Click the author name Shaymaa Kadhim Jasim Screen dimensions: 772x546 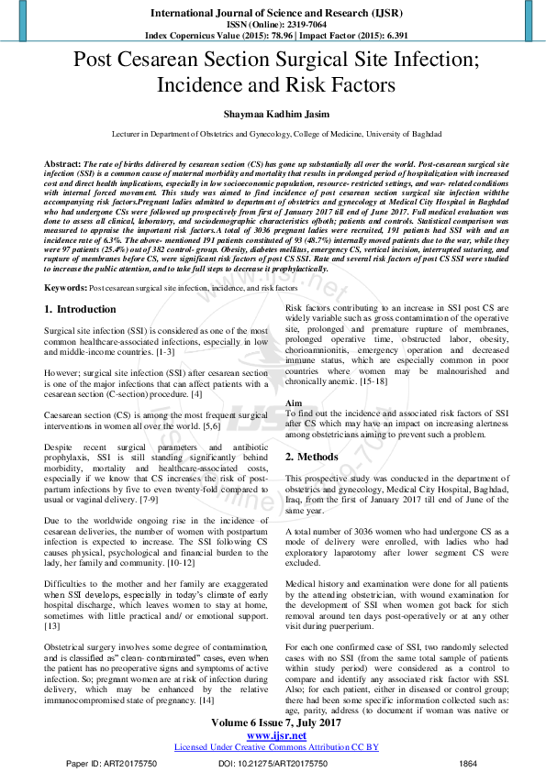[273, 114]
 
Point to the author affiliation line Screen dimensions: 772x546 [273, 134]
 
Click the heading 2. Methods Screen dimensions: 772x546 [311, 456]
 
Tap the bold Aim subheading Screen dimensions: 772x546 [293, 404]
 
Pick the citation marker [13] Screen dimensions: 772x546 [53, 626]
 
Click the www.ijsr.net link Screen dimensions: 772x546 [272, 735]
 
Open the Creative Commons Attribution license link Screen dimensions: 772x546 [272, 747]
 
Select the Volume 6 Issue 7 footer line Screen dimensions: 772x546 [272, 723]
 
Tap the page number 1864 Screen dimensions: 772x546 [468, 763]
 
